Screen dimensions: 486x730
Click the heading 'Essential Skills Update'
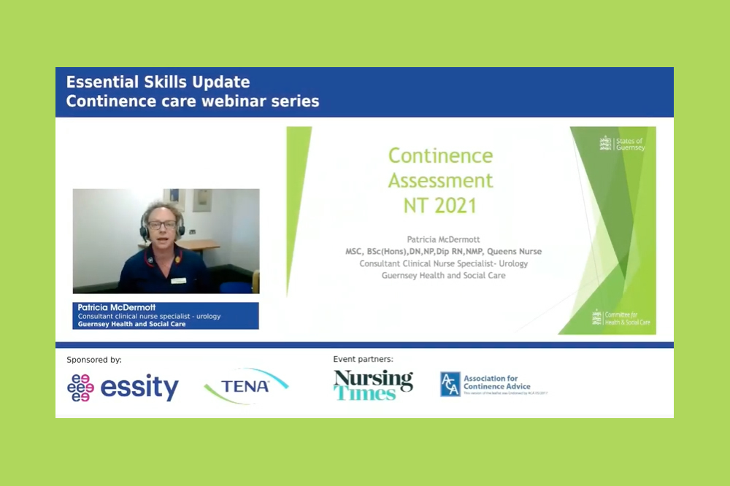point(158,82)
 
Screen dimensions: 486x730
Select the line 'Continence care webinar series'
point(193,101)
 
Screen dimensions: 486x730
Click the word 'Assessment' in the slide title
point(440,180)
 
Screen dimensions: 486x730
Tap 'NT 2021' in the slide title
point(440,205)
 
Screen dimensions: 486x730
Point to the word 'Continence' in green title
point(440,155)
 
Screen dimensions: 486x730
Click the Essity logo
point(123,387)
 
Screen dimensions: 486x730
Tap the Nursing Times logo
point(373,385)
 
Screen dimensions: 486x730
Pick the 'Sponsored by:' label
point(94,360)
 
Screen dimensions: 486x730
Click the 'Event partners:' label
point(363,360)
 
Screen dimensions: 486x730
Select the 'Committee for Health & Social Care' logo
point(620,318)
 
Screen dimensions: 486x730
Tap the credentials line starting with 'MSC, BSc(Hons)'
point(443,252)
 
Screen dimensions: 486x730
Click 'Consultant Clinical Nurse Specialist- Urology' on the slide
point(443,263)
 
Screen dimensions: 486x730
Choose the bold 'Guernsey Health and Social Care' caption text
point(131,324)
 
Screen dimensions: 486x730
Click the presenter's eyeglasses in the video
point(161,225)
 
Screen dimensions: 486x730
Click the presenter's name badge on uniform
point(180,280)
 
